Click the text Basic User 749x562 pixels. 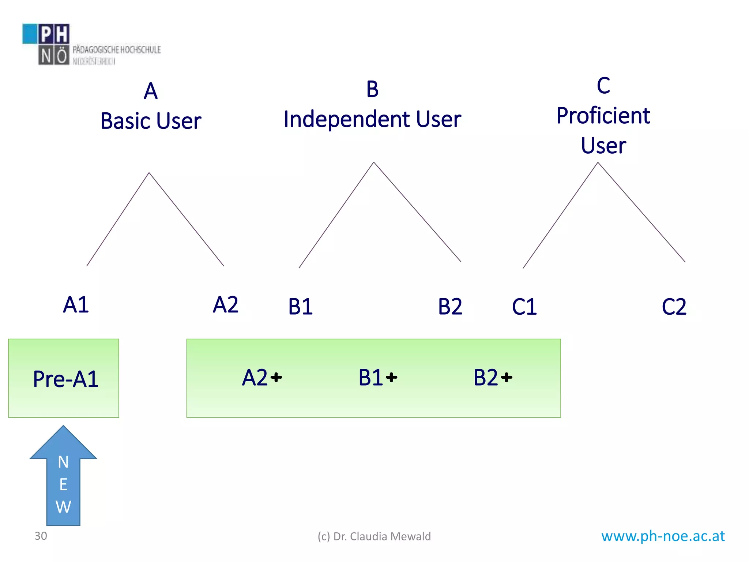(151, 121)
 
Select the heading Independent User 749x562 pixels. (372, 119)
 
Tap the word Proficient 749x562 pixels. (603, 116)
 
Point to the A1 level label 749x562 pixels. (76, 304)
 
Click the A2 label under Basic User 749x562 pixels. (226, 304)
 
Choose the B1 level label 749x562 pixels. (300, 307)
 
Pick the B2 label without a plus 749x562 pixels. (450, 307)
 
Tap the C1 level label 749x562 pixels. (524, 307)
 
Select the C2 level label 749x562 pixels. (674, 307)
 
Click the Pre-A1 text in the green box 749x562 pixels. (65, 379)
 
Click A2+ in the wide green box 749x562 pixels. (262, 377)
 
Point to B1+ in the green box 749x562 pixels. (377, 377)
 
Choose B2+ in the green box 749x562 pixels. (493, 377)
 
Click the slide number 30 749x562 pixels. (41, 536)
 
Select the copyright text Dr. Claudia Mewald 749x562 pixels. (374, 536)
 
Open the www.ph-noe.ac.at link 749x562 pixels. (663, 536)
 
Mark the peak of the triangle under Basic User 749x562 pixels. (149, 173)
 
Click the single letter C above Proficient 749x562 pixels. (603, 86)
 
